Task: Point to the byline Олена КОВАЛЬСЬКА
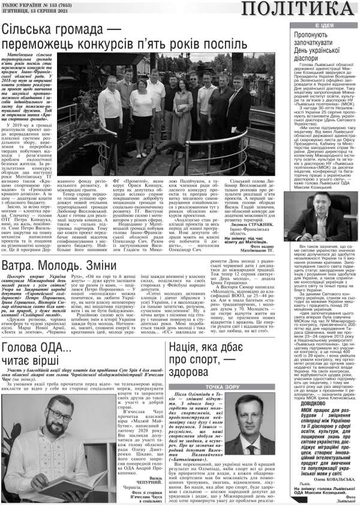pyautogui.click(x=336, y=480)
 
